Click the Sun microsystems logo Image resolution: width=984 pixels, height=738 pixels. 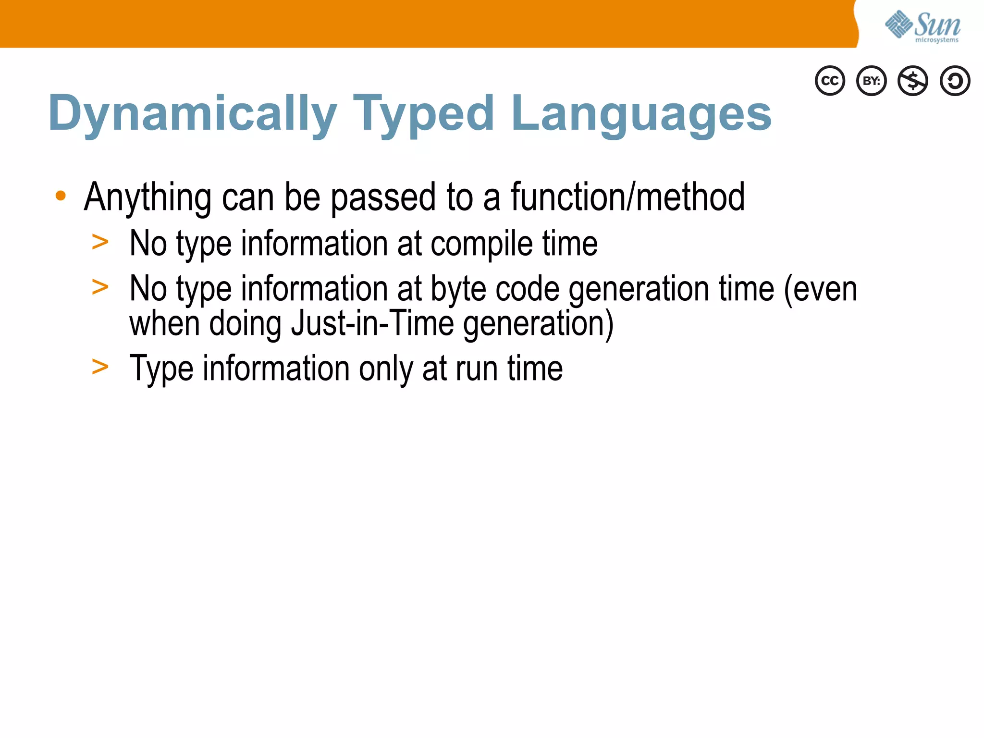click(x=922, y=26)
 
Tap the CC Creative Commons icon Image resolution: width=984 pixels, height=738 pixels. click(x=830, y=81)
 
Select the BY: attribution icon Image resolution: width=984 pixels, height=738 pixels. click(x=871, y=81)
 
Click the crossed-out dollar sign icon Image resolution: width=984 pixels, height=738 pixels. click(x=913, y=81)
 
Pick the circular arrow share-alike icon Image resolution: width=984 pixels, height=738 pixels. click(x=955, y=81)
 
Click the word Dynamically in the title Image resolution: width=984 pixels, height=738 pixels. click(x=192, y=114)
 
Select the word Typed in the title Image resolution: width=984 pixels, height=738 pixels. click(x=423, y=114)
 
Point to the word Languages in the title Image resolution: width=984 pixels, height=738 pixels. click(x=641, y=114)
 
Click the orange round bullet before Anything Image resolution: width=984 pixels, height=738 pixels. click(x=61, y=196)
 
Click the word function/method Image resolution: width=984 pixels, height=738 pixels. click(x=627, y=197)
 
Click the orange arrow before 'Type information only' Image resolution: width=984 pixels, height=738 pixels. click(x=100, y=368)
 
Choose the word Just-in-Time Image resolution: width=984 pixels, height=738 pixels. click(x=372, y=323)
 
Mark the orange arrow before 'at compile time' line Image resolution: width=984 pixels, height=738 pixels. click(x=100, y=242)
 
